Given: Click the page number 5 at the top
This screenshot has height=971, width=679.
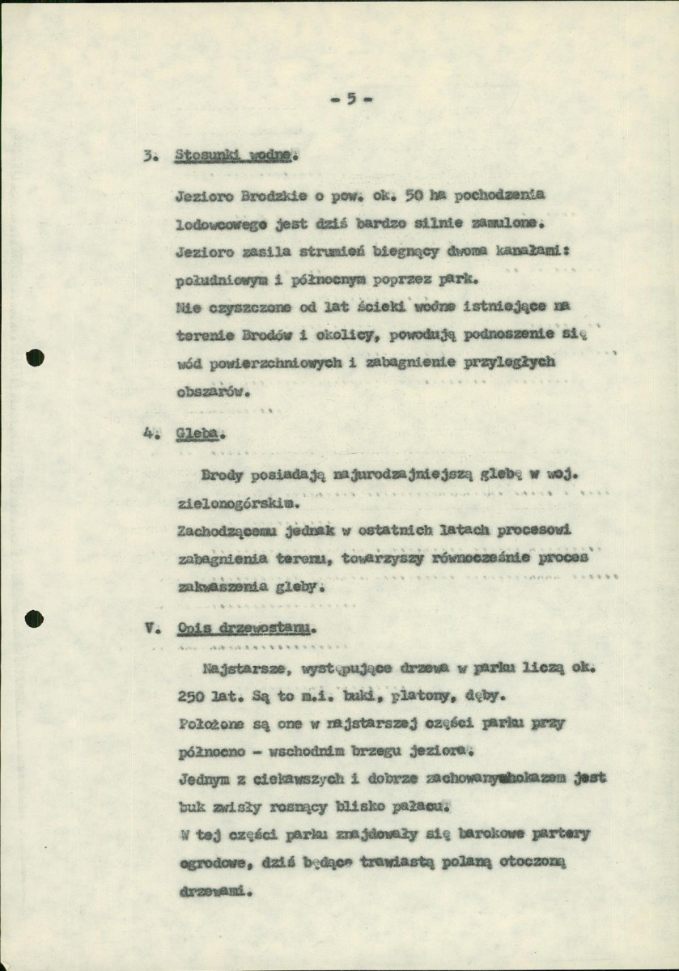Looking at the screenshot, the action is coord(351,100).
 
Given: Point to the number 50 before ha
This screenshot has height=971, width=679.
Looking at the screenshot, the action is coord(416,196).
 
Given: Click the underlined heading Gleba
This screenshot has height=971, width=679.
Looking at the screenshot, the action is coord(196,433).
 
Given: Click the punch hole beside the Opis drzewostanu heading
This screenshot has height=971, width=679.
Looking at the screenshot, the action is coord(34,620).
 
